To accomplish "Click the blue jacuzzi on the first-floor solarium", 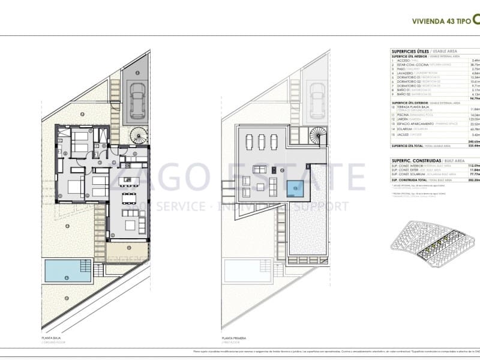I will (x=295, y=188).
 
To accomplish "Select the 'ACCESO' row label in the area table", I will (x=403, y=61).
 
